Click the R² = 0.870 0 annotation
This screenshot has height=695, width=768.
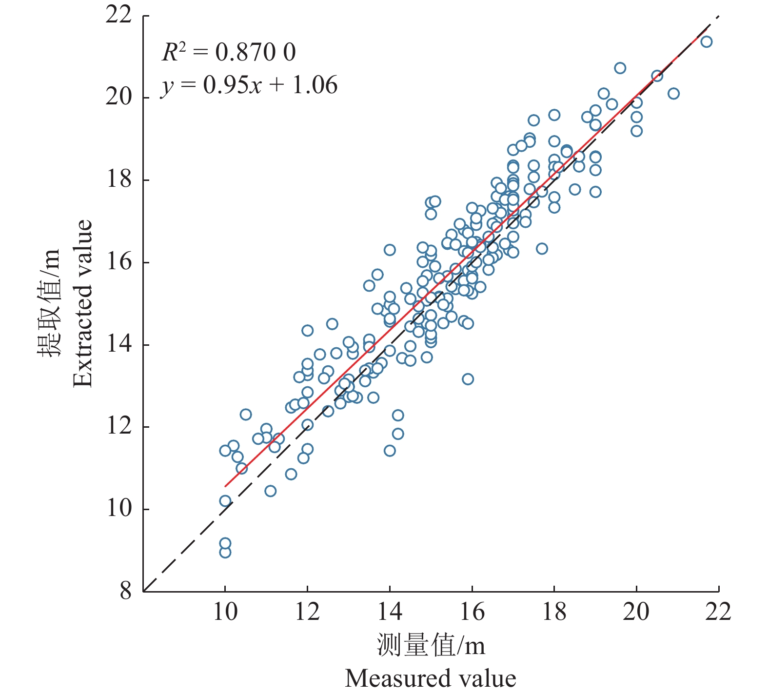(229, 52)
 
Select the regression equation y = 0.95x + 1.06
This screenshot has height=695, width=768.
(249, 85)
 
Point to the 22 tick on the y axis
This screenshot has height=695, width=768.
(119, 16)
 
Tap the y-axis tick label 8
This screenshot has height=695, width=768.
(126, 591)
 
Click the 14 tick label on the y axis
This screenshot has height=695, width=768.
(119, 344)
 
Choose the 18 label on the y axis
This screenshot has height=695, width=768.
(119, 180)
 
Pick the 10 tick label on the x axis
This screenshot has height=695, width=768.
(225, 612)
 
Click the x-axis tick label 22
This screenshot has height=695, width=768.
(718, 612)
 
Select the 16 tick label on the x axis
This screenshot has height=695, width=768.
(472, 612)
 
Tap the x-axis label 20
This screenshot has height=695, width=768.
(636, 612)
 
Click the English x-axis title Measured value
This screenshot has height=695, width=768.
(431, 678)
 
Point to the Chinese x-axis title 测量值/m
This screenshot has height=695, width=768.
(431, 645)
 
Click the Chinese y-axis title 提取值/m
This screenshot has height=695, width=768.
(49, 303)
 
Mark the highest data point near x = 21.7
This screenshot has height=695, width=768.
(706, 41)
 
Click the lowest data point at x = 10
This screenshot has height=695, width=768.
(225, 552)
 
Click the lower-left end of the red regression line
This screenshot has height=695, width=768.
(225, 486)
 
